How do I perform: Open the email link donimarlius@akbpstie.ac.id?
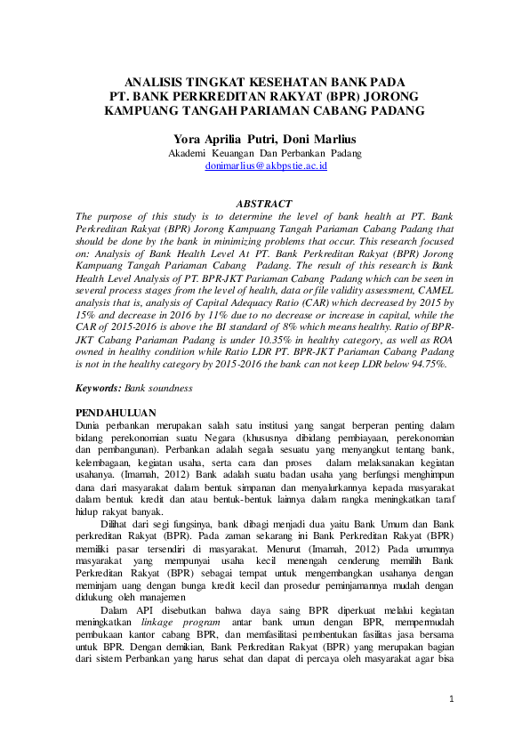click(x=266, y=165)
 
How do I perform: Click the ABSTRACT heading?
click(x=264, y=204)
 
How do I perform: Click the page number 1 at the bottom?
click(x=451, y=699)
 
